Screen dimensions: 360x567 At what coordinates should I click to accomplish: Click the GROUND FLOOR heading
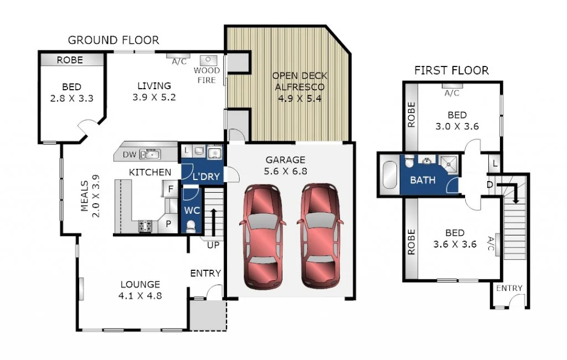pyautogui.click(x=113, y=40)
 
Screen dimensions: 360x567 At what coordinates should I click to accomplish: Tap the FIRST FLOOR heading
pyautogui.click(x=451, y=70)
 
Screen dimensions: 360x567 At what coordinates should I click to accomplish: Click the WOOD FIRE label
pyautogui.click(x=207, y=75)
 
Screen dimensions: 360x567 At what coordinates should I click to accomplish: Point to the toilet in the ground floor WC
pyautogui.click(x=192, y=227)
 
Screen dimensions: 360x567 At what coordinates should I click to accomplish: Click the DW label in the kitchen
pyautogui.click(x=128, y=155)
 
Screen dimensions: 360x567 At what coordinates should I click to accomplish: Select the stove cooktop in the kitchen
pyautogui.click(x=145, y=225)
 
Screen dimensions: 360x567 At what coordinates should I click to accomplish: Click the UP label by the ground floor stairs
pyautogui.click(x=213, y=244)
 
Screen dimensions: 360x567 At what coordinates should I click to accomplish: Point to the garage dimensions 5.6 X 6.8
pyautogui.click(x=286, y=172)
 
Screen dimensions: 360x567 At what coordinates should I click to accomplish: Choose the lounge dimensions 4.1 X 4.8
pyautogui.click(x=140, y=296)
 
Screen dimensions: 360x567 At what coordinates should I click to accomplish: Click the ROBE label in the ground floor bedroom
pyautogui.click(x=70, y=60)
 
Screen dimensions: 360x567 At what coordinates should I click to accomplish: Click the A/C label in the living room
pyautogui.click(x=179, y=62)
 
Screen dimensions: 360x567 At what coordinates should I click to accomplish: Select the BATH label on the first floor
pyautogui.click(x=422, y=180)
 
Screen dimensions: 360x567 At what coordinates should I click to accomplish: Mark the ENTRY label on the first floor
pyautogui.click(x=509, y=288)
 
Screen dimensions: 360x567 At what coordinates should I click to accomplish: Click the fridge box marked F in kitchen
pyautogui.click(x=171, y=189)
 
